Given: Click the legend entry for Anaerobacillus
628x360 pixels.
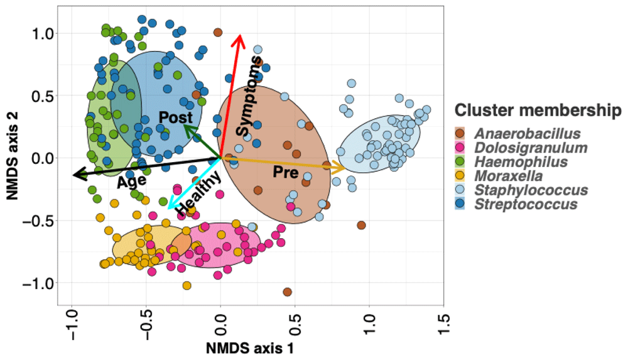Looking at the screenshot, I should click(x=527, y=133).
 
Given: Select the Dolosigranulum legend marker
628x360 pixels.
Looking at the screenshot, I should click(x=460, y=148).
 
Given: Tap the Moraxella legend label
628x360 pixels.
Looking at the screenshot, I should click(x=509, y=176).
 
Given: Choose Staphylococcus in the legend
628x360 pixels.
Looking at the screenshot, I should click(x=531, y=190).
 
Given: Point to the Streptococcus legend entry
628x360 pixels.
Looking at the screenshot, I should click(x=526, y=204).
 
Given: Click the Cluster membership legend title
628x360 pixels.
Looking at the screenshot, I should click(x=534, y=111).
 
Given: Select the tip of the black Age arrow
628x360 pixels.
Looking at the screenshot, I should click(x=72, y=175).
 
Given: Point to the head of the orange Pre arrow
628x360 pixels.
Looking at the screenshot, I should click(x=345, y=168).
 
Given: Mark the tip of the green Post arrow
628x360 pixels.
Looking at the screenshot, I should click(x=184, y=125).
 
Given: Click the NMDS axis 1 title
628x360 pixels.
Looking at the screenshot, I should click(x=250, y=347).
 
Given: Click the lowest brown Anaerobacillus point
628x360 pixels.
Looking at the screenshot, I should click(x=287, y=292).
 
